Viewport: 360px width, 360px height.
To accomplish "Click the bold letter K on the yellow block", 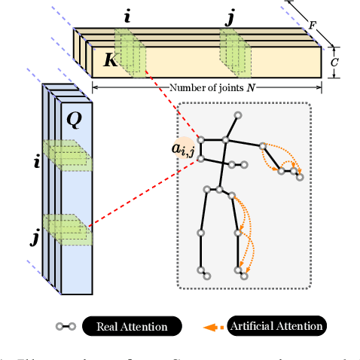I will pyautogui.click(x=110, y=60).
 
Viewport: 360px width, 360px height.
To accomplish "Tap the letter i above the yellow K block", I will pyautogui.click(x=128, y=14).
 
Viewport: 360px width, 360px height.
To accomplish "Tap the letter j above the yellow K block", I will pyautogui.click(x=229, y=16).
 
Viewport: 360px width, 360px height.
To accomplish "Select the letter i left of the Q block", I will pyautogui.click(x=36, y=160).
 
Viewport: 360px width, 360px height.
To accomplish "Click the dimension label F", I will pyautogui.click(x=312, y=24).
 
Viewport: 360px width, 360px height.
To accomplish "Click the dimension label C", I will pyautogui.click(x=334, y=63).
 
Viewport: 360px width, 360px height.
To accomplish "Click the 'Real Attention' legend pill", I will pyautogui.click(x=132, y=326).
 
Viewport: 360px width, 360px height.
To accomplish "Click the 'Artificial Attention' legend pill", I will pyautogui.click(x=277, y=326).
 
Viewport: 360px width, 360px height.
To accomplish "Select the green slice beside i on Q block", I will pyautogui.click(x=66, y=155).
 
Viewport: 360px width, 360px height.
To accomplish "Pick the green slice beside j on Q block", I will pyautogui.click(x=66, y=229).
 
